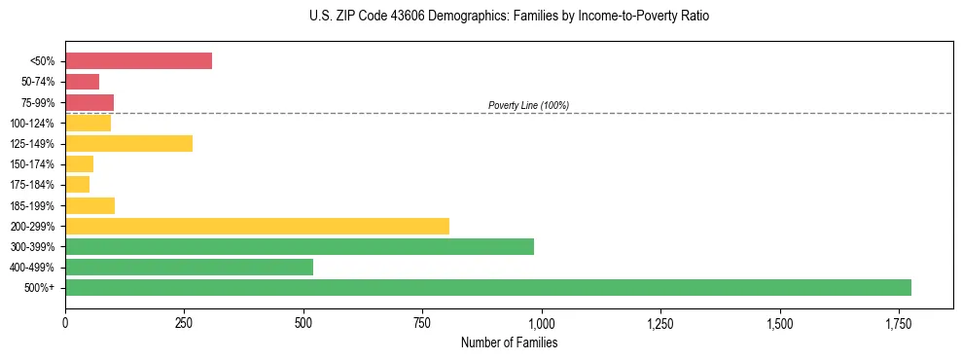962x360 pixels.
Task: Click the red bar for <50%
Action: pyautogui.click(x=138, y=61)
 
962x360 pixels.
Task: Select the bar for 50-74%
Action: pyautogui.click(x=82, y=82)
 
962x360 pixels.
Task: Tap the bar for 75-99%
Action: pyautogui.click(x=89, y=102)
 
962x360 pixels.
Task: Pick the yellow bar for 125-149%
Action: pyautogui.click(x=128, y=144)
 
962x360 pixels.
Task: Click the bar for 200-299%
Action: pyautogui.click(x=257, y=226)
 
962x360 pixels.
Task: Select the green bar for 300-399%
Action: pyautogui.click(x=300, y=246)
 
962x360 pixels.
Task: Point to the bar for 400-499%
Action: pyautogui.click(x=189, y=267)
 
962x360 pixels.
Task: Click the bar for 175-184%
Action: pyautogui.click(x=77, y=185)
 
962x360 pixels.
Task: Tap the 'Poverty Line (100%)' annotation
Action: pyautogui.click(x=528, y=105)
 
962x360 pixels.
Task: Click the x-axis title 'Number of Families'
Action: pyautogui.click(x=509, y=342)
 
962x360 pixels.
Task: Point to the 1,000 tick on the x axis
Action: pyautogui.click(x=542, y=322)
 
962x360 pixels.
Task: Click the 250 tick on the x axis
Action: pyautogui.click(x=185, y=322)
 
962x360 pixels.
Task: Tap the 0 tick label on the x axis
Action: pyautogui.click(x=65, y=322)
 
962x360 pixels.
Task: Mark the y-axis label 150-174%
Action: pyautogui.click(x=32, y=164)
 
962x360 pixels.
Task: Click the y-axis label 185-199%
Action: pyautogui.click(x=32, y=205)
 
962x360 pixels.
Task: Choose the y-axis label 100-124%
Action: pyautogui.click(x=32, y=124)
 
